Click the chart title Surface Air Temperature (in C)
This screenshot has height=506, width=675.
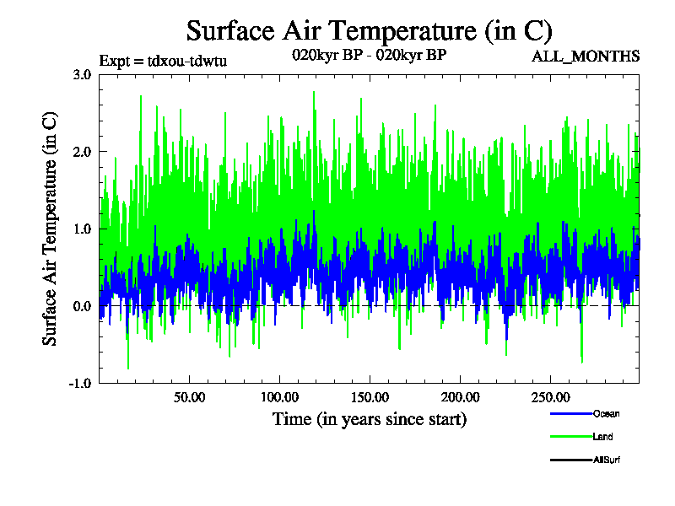coord(369,31)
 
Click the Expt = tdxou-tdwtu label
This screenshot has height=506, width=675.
coord(163,60)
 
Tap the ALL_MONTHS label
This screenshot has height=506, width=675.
coord(585,57)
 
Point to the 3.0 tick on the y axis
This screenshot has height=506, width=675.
coord(82,74)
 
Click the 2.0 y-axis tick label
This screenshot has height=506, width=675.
coord(82,151)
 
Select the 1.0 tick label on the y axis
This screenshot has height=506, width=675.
coord(82,229)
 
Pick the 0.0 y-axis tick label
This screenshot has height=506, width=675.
coord(82,306)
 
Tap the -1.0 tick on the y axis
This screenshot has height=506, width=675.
coord(80,383)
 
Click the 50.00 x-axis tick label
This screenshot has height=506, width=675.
coord(190,397)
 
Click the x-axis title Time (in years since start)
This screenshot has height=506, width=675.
coord(369,419)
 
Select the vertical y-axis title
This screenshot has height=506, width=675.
coord(51,229)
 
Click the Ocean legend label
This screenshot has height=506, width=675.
coord(606,413)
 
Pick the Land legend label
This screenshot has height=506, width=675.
coord(602,437)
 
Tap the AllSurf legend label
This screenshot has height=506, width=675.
coord(607,460)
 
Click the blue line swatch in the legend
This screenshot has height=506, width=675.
coord(570,413)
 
